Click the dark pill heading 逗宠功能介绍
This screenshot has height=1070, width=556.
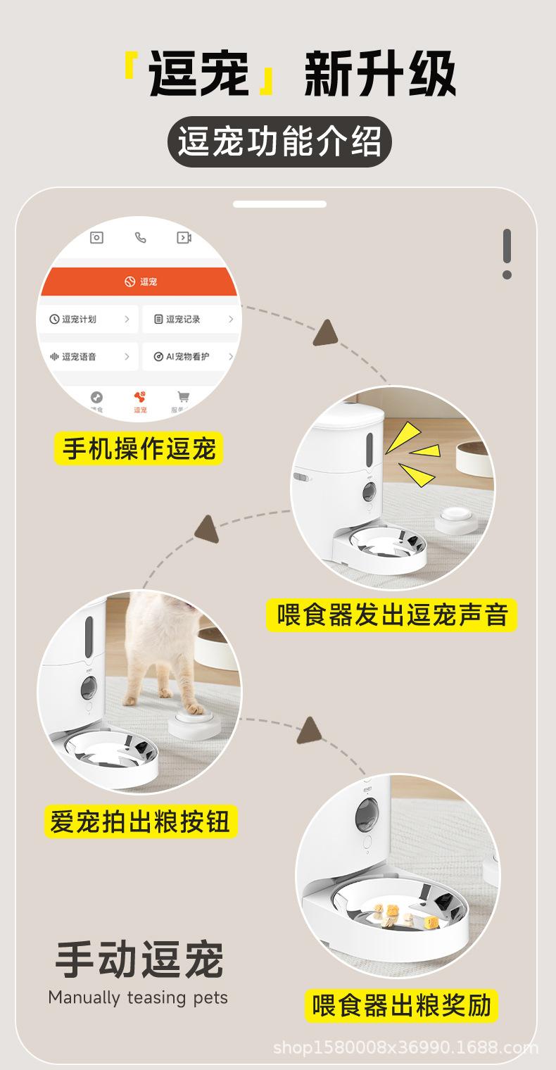[279, 141]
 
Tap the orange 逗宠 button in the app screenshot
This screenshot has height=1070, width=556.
[141, 282]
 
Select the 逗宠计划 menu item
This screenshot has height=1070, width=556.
[88, 320]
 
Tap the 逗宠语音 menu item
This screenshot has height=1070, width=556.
[88, 357]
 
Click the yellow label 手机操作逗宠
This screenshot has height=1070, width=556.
[139, 448]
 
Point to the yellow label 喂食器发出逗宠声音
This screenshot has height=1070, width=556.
[391, 615]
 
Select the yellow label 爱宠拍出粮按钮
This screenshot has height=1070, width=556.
[140, 821]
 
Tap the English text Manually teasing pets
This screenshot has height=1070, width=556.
[138, 997]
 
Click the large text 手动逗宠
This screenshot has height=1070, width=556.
[139, 960]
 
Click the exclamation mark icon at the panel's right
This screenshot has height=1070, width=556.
[507, 253]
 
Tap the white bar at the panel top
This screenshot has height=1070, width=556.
[279, 204]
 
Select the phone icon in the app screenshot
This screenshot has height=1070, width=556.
[141, 238]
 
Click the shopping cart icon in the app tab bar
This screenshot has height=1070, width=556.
[184, 397]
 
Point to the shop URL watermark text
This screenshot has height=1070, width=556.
[405, 1048]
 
